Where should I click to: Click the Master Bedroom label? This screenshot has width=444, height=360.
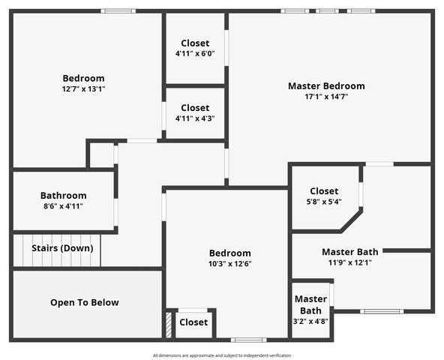(326, 86)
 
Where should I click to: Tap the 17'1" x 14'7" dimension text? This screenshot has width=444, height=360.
(326, 97)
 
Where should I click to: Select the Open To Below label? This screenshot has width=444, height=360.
(84, 303)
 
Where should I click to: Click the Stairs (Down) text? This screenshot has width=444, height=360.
(62, 248)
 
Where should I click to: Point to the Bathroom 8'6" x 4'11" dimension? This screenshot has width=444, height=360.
(63, 206)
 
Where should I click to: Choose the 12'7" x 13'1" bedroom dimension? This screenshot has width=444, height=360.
(83, 88)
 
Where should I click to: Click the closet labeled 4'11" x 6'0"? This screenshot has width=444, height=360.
(195, 54)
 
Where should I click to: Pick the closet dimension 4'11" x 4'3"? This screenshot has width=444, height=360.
(195, 118)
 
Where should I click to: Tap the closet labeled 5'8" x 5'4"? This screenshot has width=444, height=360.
(324, 202)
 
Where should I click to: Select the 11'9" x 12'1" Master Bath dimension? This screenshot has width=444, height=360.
(350, 262)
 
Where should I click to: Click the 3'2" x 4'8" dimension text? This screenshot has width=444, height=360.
(310, 321)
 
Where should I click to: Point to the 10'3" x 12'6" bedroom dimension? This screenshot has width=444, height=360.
(229, 264)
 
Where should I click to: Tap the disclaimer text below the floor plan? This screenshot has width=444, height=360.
(222, 355)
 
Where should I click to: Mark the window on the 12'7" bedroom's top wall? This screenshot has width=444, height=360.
(118, 11)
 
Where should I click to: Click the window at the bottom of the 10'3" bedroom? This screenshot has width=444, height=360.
(247, 340)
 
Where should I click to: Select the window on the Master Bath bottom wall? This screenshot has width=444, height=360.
(382, 311)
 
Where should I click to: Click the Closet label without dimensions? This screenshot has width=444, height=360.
(193, 322)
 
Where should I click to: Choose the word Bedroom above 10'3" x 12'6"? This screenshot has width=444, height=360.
(229, 253)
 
